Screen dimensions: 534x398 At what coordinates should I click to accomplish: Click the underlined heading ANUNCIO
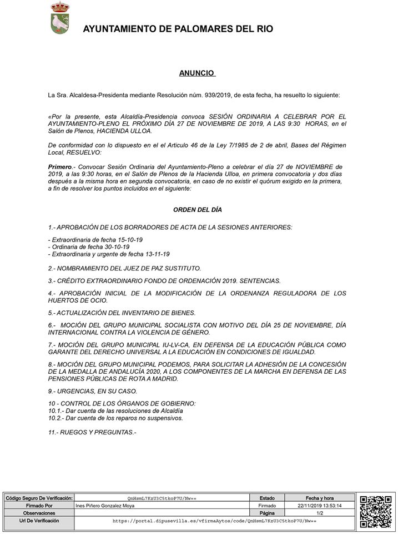[x=197, y=73]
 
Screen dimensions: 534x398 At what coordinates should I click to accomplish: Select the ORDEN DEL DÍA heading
[x=197, y=210]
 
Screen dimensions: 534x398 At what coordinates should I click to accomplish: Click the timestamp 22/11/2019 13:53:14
[x=319, y=506]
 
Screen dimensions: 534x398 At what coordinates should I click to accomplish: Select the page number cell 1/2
[x=319, y=513]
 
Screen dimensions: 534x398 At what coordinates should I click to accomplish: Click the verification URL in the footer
[x=214, y=521]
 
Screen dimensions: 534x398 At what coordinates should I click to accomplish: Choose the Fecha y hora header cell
[x=319, y=498]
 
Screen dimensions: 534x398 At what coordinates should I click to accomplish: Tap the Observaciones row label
[x=38, y=513]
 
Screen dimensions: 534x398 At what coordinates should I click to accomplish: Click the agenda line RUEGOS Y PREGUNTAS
[x=92, y=432]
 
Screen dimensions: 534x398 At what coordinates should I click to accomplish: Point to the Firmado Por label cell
[x=38, y=506]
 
